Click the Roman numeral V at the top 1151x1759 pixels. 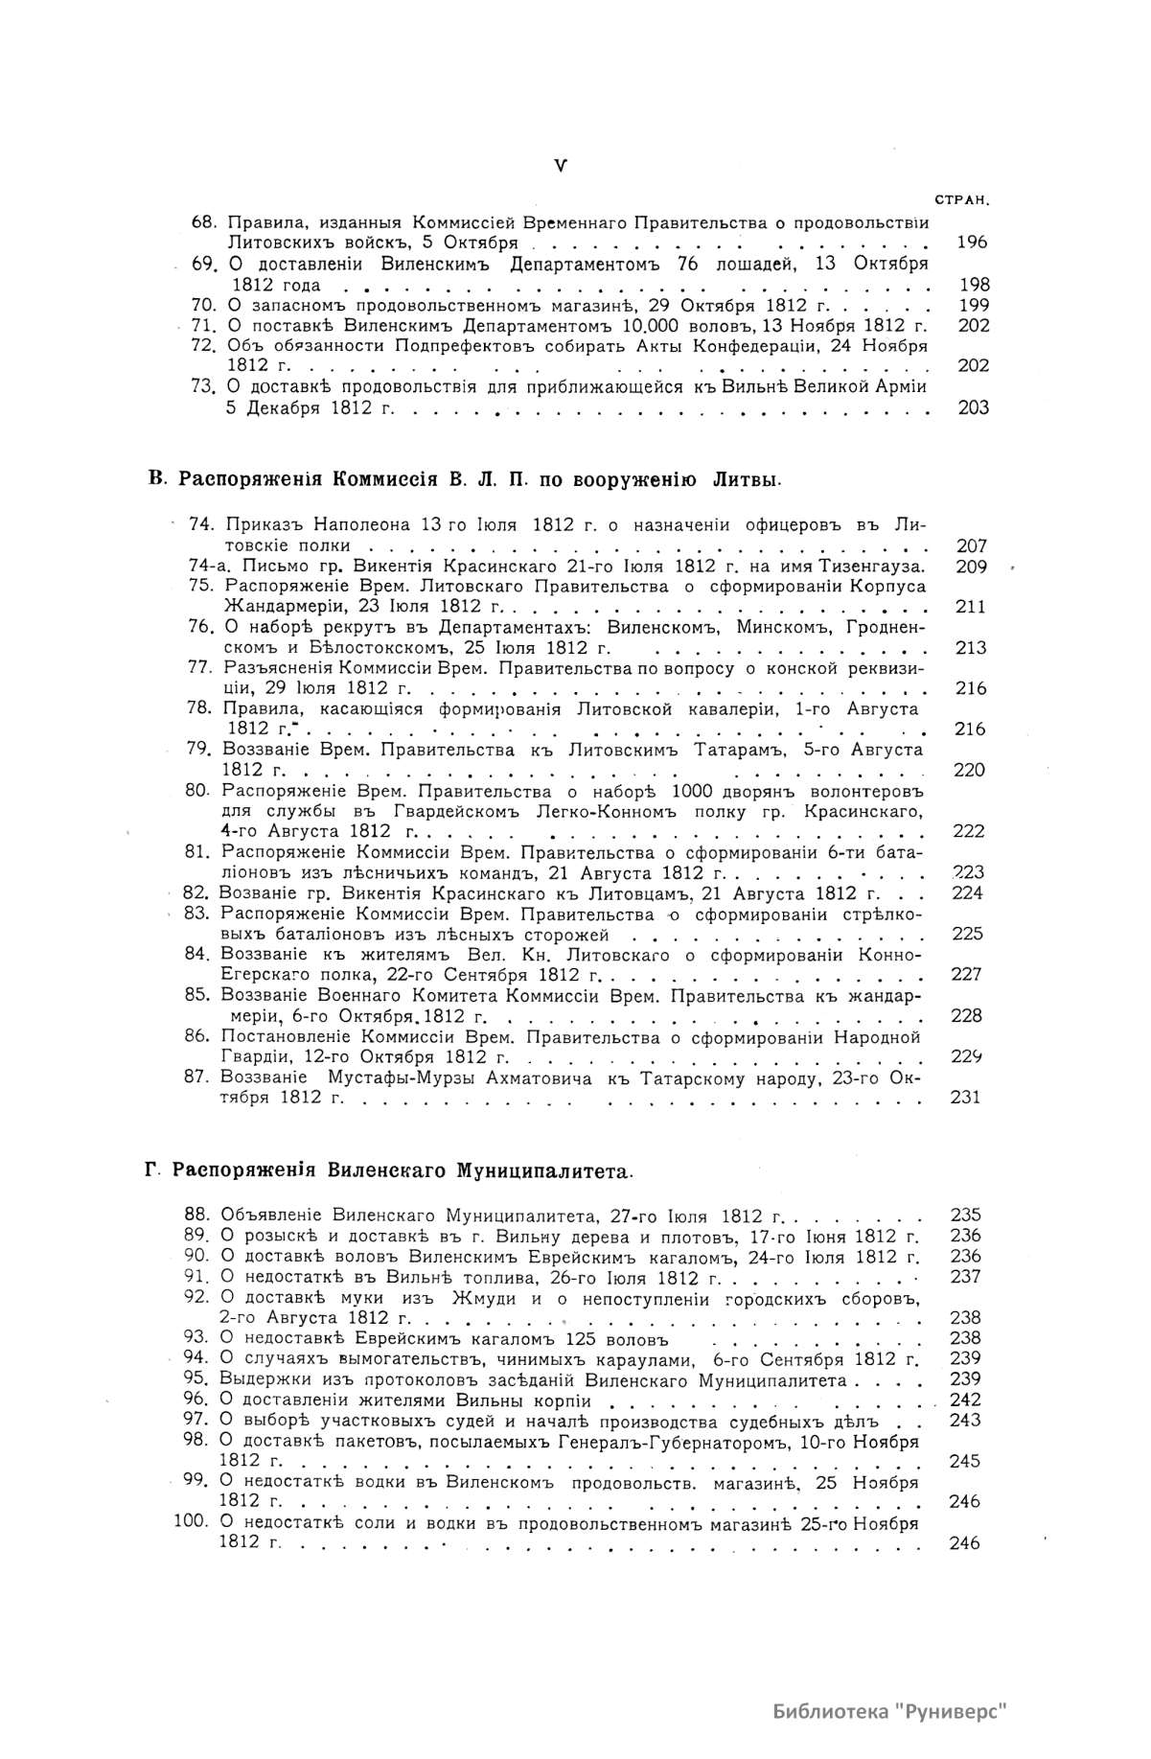coord(561,165)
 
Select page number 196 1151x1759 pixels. coord(972,243)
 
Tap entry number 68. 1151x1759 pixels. coord(204,222)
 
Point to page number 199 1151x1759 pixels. coord(973,306)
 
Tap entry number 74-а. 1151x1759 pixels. coord(207,567)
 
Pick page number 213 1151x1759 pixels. coord(971,648)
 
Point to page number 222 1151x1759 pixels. coord(969,831)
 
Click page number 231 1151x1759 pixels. coord(965,1098)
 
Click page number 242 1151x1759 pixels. coord(964,1400)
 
